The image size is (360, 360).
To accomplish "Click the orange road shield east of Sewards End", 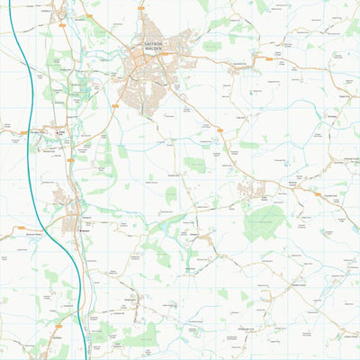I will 268,58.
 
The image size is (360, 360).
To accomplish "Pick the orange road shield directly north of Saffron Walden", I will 141,7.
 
